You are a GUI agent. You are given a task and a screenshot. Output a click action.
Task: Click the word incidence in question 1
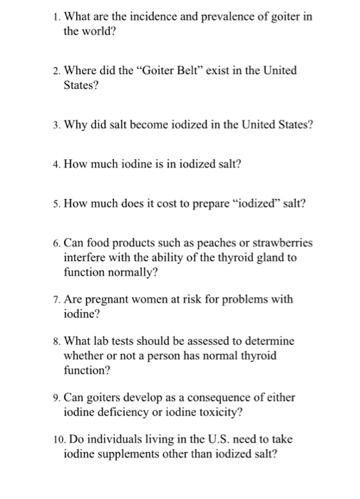coord(143,16)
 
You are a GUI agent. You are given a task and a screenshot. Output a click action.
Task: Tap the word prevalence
coord(217,16)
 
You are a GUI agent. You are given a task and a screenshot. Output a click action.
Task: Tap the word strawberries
coord(276,243)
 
